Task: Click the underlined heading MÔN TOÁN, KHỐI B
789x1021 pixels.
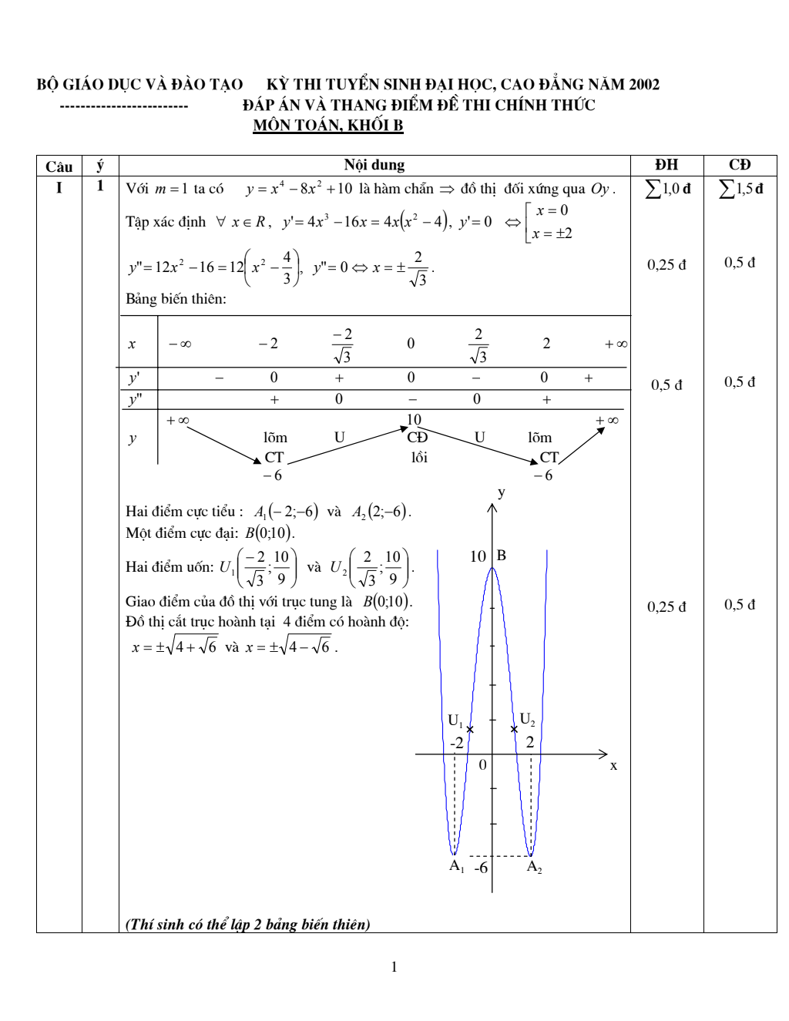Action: click(x=328, y=125)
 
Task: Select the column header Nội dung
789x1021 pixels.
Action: click(x=374, y=165)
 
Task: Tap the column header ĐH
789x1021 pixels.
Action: click(x=666, y=165)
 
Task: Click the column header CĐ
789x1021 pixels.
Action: click(x=740, y=165)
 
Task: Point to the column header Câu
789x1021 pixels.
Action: click(x=59, y=166)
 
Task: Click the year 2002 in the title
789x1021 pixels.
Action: click(x=643, y=84)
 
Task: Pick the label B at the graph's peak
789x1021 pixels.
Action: click(x=501, y=555)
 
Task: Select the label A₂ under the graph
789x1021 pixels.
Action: click(x=534, y=866)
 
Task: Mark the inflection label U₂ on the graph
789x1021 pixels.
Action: click(x=527, y=720)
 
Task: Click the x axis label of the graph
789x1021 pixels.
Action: click(x=613, y=765)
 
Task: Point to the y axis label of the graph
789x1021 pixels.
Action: click(x=502, y=492)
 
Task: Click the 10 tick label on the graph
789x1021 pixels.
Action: click(x=478, y=556)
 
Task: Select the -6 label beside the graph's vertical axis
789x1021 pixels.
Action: click(x=481, y=868)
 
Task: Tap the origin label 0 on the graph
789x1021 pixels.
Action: click(x=483, y=765)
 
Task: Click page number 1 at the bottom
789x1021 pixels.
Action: click(x=394, y=967)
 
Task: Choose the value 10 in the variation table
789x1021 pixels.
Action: click(x=414, y=419)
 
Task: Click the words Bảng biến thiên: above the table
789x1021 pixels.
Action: click(x=176, y=299)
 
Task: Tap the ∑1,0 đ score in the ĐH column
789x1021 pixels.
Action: click(x=667, y=188)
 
